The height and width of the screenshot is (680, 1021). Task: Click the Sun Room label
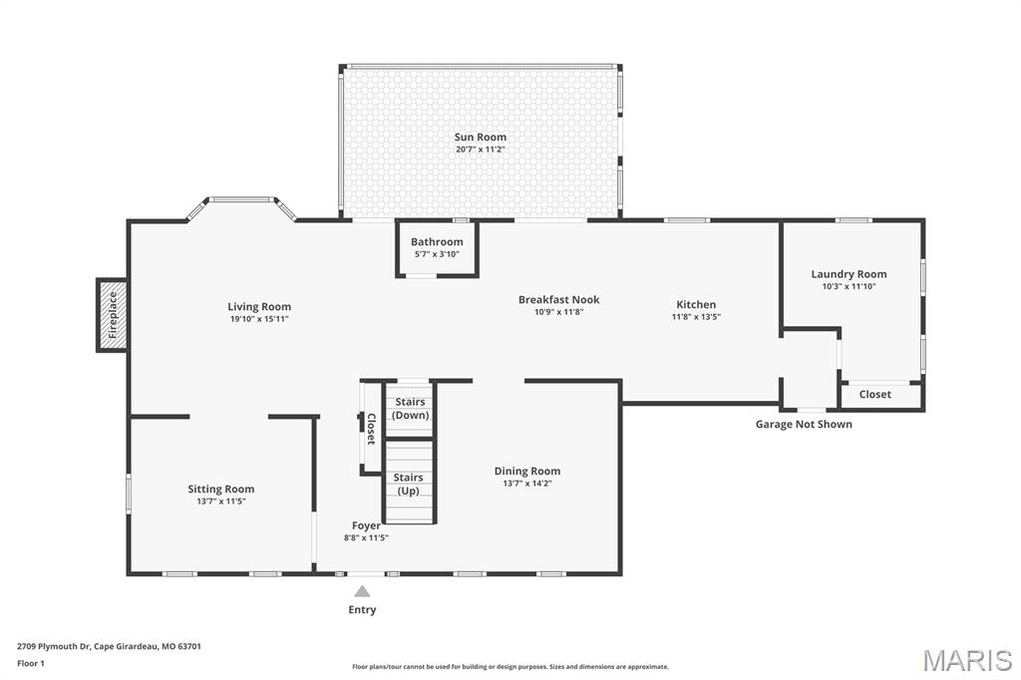tap(480, 137)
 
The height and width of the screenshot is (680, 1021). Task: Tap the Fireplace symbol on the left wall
tap(112, 315)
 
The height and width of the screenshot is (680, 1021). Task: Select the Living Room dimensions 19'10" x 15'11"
tap(259, 319)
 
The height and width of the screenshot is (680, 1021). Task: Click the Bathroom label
tap(437, 242)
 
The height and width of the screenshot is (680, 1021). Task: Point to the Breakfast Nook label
tap(558, 299)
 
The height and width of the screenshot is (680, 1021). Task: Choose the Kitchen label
tap(696, 304)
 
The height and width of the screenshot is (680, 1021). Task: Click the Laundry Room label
tap(849, 274)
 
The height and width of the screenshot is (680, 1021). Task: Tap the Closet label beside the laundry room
tap(874, 395)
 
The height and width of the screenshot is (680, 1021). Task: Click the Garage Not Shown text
tap(804, 424)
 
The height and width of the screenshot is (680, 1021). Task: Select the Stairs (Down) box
tap(409, 409)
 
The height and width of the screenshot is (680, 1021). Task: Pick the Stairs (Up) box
tap(409, 485)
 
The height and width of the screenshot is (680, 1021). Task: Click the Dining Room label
tap(527, 471)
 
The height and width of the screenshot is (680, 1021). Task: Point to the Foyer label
tap(366, 525)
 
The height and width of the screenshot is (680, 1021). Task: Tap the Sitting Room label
tap(221, 489)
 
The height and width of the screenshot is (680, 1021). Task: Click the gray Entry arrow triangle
tap(362, 591)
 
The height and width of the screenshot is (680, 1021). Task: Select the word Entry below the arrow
tap(362, 609)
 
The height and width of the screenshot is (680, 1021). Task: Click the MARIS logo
tap(967, 659)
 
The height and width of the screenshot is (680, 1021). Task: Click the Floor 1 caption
tap(31, 663)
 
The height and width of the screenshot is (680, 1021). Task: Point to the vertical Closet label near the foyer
tap(371, 429)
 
